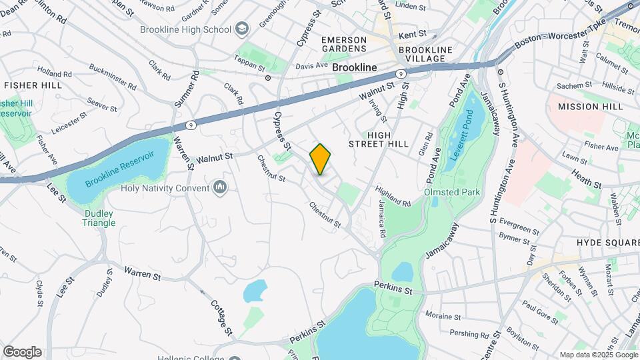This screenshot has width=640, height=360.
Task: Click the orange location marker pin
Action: (x=320, y=159)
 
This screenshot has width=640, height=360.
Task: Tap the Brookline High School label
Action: (x=185, y=29)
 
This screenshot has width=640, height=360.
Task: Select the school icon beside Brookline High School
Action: (x=241, y=29)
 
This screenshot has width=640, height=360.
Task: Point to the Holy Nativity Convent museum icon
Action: (x=221, y=187)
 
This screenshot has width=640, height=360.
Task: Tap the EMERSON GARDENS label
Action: (x=344, y=44)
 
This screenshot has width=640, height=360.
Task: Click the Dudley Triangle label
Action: (x=99, y=219)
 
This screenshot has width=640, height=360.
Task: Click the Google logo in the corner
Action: (x=22, y=351)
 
